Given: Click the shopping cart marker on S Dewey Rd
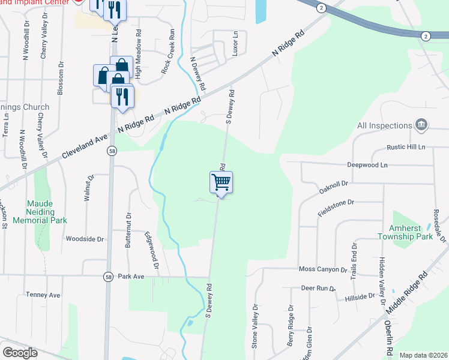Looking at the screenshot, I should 221,182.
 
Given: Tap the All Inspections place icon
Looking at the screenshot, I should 421,125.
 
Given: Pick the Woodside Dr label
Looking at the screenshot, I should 85,239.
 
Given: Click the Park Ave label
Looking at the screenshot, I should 131,277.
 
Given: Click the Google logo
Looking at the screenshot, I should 20,353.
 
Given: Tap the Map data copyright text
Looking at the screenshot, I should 423,355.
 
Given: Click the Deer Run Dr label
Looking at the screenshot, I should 318,289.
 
